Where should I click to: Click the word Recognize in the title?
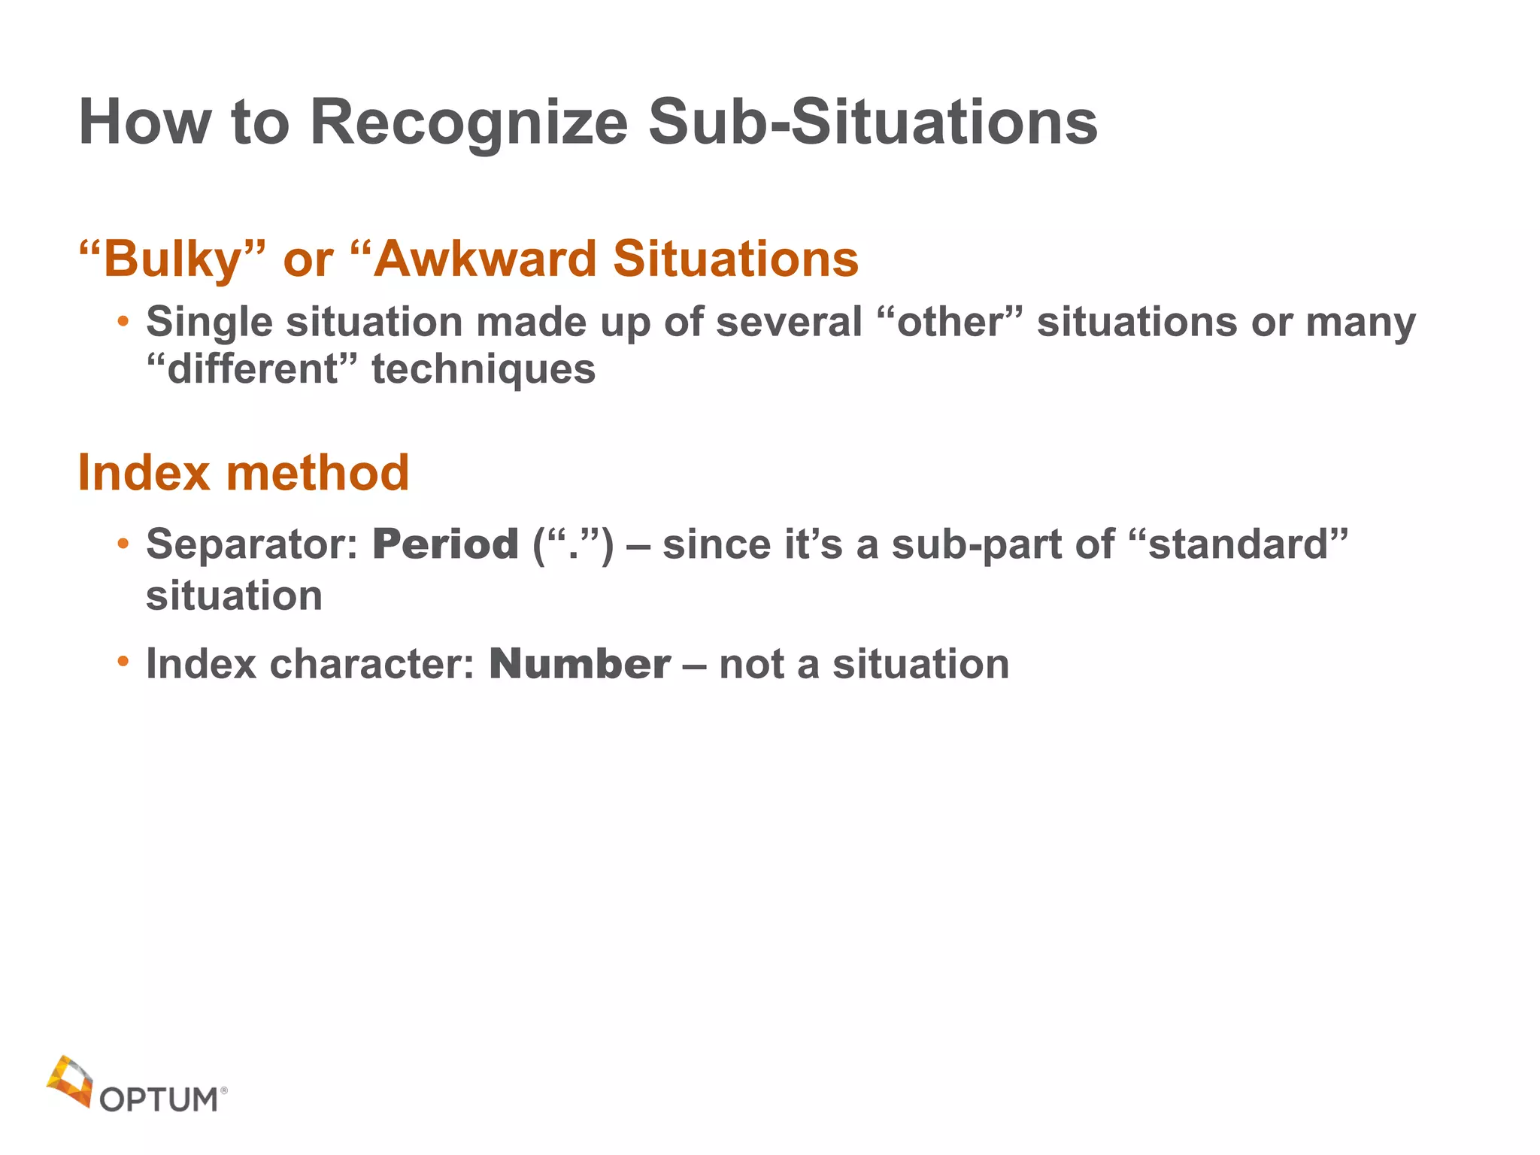(468, 123)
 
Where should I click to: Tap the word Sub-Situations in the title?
(872, 123)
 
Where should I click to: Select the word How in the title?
(145, 123)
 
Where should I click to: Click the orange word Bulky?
(173, 260)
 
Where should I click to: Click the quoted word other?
(950, 323)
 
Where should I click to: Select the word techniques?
(484, 369)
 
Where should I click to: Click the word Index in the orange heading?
(144, 473)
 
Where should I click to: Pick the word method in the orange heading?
(317, 473)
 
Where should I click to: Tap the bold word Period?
(445, 544)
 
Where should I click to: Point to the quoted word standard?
(1238, 544)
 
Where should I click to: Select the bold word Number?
(580, 664)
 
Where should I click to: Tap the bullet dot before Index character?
(123, 662)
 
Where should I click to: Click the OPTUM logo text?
(159, 1099)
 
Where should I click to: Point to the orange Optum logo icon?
(70, 1081)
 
